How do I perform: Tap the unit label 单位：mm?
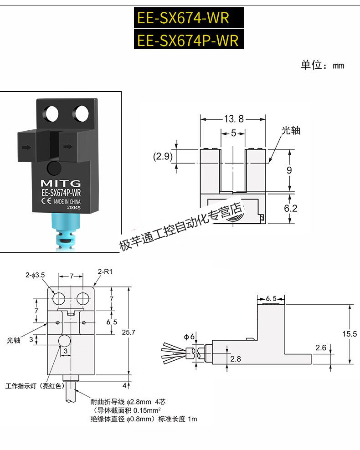click(x=322, y=65)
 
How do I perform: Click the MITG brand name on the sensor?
click(x=61, y=183)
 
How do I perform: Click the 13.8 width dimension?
click(x=234, y=119)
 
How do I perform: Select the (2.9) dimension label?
click(x=162, y=157)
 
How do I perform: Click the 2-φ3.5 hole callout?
click(x=35, y=275)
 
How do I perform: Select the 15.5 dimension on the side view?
click(x=350, y=334)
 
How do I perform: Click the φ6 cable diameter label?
click(x=189, y=337)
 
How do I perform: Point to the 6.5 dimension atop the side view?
click(x=272, y=298)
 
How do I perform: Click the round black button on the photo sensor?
click(x=55, y=168)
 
